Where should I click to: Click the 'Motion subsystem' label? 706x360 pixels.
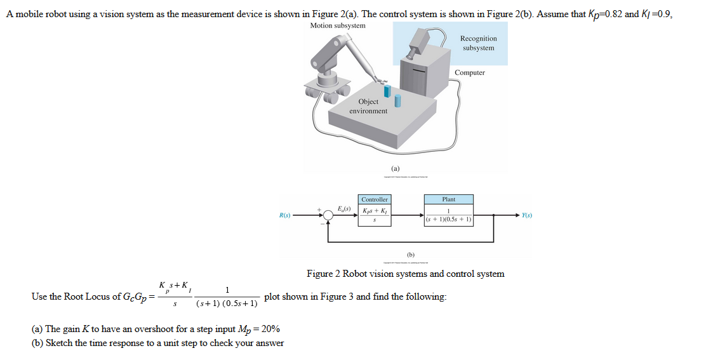point(338,25)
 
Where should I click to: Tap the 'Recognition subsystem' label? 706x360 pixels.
point(479,43)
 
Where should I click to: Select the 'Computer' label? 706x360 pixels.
point(470,72)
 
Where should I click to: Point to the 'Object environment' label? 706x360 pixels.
point(368,106)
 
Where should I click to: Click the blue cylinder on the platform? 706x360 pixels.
point(397,100)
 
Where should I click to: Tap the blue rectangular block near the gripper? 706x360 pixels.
point(386,91)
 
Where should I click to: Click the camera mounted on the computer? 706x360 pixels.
point(420,42)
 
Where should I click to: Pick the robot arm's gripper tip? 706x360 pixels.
point(379,80)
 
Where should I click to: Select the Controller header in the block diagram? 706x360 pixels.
point(374,199)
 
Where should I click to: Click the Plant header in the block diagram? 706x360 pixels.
point(448,199)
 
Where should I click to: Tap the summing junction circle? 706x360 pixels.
point(328,217)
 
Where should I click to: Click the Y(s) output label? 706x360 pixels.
point(527,216)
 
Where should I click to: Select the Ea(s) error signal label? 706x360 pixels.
point(344,209)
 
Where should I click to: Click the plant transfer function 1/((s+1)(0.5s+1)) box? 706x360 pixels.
point(448,217)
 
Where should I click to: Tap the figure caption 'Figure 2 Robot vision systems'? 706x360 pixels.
point(405,274)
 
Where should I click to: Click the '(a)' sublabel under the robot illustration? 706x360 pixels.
point(396,169)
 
